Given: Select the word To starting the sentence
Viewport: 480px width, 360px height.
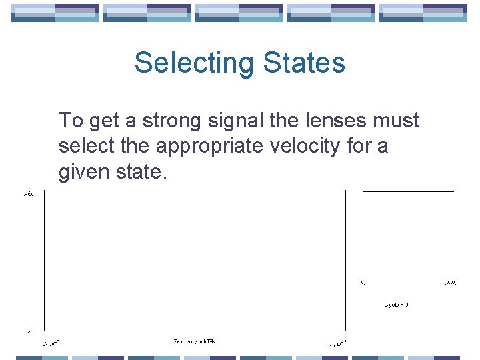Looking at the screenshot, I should pos(71,121).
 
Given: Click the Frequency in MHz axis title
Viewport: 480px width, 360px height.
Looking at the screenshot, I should pos(195,341).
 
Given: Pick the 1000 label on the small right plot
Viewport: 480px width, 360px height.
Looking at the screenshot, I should pos(450,283).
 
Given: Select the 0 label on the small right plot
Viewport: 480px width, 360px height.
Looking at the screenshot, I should pos(363,283).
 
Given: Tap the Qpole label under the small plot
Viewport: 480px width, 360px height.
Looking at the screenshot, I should pos(395,305).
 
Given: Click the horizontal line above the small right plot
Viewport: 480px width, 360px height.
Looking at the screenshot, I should pos(408,192).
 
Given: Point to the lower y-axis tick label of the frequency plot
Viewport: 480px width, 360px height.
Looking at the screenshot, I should pos(31,329).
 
